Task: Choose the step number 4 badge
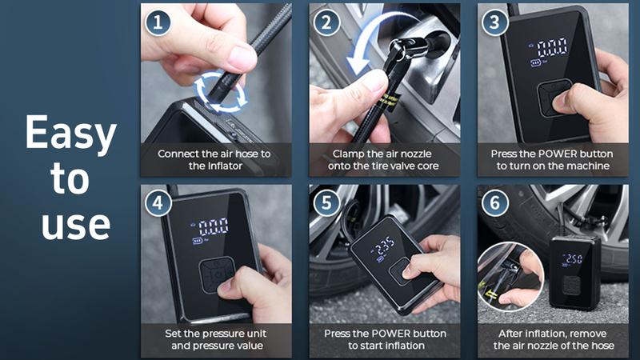pos(158,203)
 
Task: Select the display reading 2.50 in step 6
pos(574,258)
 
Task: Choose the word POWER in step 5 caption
pos(387,333)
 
